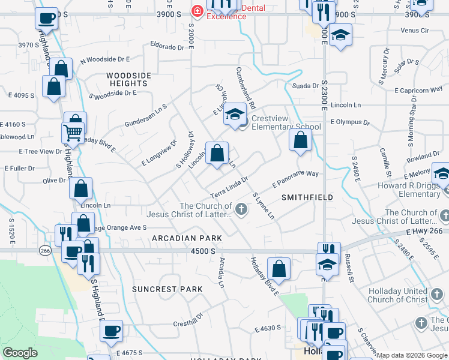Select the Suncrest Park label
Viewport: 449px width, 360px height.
[163, 289]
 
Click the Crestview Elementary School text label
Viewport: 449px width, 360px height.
[286, 122]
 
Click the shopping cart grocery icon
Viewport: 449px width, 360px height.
[73, 132]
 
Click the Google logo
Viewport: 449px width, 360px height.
[20, 353]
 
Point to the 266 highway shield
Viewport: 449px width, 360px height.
[44, 253]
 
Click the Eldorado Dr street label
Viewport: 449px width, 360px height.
[167, 46]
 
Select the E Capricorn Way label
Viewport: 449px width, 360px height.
[419, 90]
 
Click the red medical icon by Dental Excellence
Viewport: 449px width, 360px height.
[196, 11]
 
